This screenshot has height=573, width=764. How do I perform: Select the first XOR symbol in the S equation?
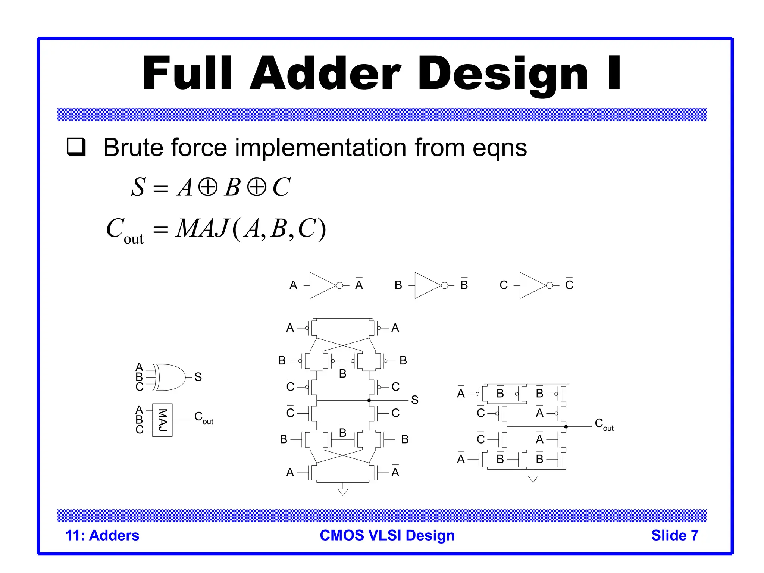tap(208, 187)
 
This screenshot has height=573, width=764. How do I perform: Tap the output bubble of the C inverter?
tap(549, 285)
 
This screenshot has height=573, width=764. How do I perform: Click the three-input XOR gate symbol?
tap(170, 377)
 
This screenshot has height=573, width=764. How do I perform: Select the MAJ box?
tap(162, 420)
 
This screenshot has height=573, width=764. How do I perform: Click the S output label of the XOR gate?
tap(198, 377)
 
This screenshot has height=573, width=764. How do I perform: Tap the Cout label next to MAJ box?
tap(203, 417)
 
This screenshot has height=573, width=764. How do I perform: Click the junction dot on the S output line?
tap(369, 400)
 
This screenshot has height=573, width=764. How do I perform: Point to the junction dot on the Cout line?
tap(566, 426)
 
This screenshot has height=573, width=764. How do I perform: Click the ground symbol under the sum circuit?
tap(343, 492)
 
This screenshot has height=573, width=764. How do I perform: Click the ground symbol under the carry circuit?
tap(533, 479)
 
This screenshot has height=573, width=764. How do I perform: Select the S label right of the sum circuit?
tap(414, 400)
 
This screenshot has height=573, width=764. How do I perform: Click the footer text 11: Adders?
tap(102, 535)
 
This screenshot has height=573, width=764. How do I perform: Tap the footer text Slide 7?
tap(674, 535)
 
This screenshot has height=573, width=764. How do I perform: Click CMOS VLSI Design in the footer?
tap(387, 535)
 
